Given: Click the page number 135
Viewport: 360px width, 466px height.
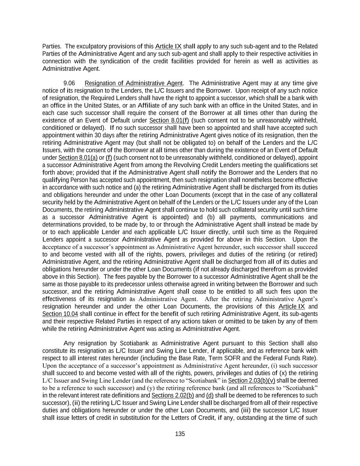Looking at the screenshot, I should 180,434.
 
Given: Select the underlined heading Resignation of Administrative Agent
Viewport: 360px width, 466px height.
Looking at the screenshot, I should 133,83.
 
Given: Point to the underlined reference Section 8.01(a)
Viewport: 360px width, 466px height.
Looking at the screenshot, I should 78,158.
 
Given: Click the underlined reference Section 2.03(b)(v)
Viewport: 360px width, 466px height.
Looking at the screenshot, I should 251,381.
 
